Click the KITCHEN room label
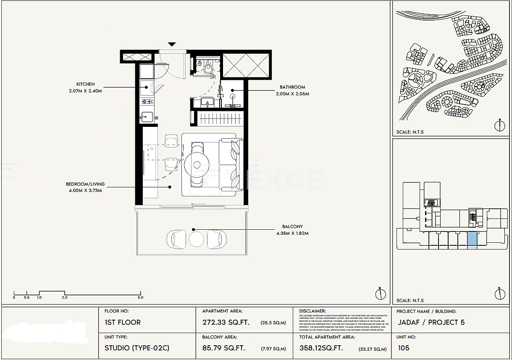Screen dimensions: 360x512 point(85,84)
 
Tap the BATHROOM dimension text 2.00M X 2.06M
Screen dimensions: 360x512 point(292,94)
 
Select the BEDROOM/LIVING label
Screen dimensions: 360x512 point(85,184)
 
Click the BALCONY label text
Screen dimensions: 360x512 point(292,227)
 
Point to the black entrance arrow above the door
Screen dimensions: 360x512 point(172,45)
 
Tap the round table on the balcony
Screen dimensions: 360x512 point(196,239)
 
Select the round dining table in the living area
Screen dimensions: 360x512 point(196,163)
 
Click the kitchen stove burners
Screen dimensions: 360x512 point(147,101)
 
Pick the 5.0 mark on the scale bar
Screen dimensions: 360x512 point(140,297)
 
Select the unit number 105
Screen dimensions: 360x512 point(403,348)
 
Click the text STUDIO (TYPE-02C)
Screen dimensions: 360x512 point(137,348)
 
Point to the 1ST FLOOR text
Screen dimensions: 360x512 point(123,323)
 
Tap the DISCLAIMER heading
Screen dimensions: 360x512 point(312,311)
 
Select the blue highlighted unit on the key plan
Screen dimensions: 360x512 point(472,240)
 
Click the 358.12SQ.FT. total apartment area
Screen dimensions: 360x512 point(321,348)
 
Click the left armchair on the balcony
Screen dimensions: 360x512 point(176,239)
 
